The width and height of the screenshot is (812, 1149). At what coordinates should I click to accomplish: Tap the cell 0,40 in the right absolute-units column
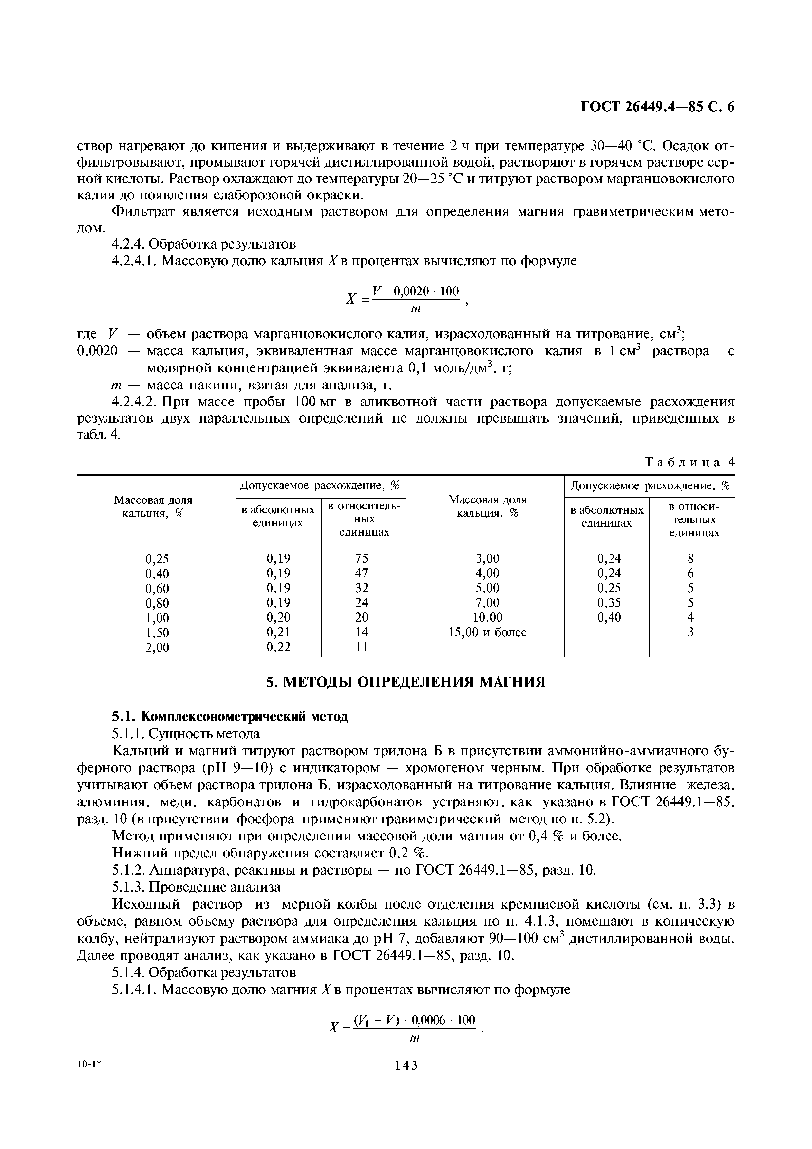click(x=609, y=617)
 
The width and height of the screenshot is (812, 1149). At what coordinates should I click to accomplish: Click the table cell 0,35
click(x=609, y=603)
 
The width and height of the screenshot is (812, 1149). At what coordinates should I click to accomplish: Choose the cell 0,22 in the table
click(x=278, y=647)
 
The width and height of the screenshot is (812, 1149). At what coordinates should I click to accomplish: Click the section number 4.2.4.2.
click(x=135, y=402)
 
